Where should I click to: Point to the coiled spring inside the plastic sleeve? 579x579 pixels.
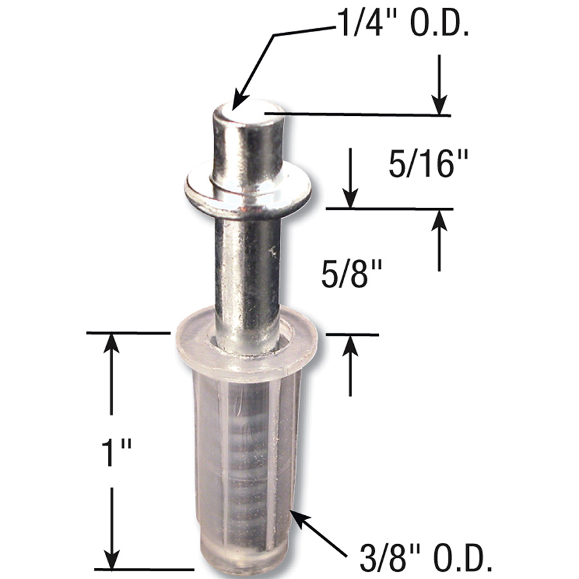coord(248,463)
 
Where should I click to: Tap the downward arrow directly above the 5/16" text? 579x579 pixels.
coord(439,103)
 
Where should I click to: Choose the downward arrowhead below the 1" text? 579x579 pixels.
coord(113,556)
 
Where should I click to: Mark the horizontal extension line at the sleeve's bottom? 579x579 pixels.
coord(145,569)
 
